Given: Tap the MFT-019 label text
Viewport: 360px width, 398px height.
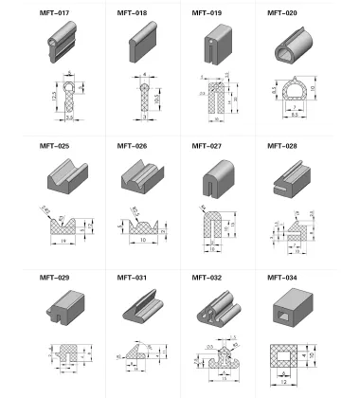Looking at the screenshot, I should tap(207, 14).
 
